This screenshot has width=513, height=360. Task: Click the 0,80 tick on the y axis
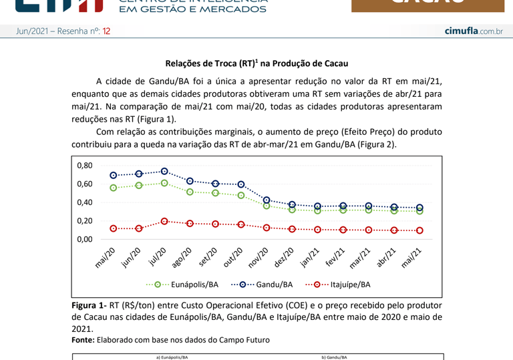(84, 166)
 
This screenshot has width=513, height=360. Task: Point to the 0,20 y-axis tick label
(84, 221)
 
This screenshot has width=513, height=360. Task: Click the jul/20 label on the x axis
(158, 257)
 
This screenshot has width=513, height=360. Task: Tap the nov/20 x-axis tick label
(259, 258)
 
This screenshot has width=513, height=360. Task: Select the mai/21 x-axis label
(412, 258)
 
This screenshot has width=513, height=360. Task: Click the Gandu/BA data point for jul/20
(164, 172)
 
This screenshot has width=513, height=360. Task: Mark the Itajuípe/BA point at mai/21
(419, 230)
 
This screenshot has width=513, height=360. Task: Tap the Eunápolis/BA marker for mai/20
(114, 188)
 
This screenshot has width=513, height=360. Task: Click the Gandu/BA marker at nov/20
(267, 200)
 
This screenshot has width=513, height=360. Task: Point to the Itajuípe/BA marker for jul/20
(164, 221)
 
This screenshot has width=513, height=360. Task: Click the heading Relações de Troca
(256, 63)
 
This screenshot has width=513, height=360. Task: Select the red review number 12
(106, 31)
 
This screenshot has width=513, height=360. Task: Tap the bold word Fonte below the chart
(83, 340)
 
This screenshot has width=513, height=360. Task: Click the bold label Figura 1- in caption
(89, 305)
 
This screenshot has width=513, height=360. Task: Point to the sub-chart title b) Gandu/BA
(334, 357)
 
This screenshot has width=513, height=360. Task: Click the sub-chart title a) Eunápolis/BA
(172, 357)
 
